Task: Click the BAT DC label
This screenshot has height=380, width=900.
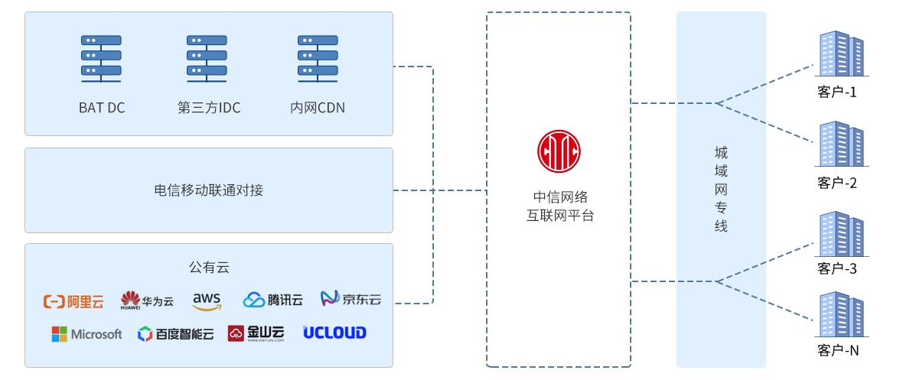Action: click(x=102, y=108)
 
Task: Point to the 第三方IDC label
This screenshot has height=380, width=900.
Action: click(x=209, y=108)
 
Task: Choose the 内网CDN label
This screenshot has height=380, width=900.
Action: click(x=318, y=108)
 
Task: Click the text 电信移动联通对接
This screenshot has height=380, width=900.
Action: click(x=209, y=190)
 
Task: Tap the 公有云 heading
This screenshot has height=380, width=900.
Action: click(x=209, y=268)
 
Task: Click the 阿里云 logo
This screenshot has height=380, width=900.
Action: click(x=73, y=301)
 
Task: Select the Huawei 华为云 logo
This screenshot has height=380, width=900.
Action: click(x=147, y=300)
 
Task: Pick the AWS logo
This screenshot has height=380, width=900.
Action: click(x=207, y=300)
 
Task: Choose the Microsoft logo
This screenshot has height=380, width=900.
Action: click(x=86, y=334)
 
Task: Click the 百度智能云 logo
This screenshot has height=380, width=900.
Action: click(x=175, y=334)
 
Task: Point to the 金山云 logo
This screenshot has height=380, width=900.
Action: click(x=256, y=333)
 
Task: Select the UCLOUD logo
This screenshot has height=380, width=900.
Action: click(x=334, y=333)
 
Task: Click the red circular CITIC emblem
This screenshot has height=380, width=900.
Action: click(x=559, y=151)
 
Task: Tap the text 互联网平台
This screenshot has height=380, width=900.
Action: click(x=559, y=216)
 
